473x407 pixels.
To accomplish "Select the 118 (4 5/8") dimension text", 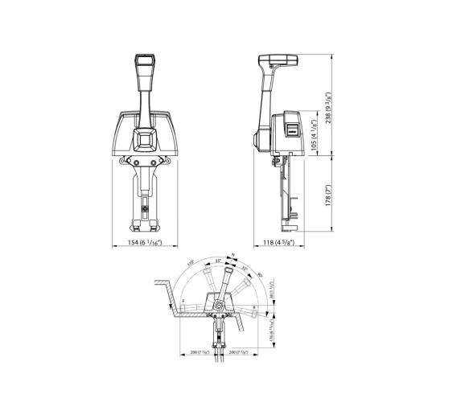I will coord(279,242).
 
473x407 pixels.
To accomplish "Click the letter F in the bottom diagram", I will coord(183,302).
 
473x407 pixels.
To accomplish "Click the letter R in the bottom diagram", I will coord(255,306).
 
